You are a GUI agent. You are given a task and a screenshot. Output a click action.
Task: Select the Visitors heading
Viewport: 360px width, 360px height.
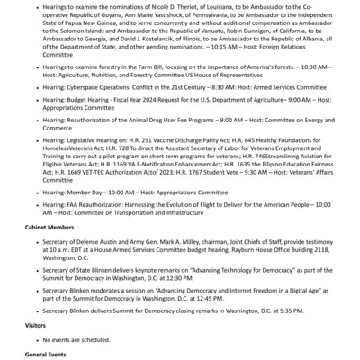coord(35,325)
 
